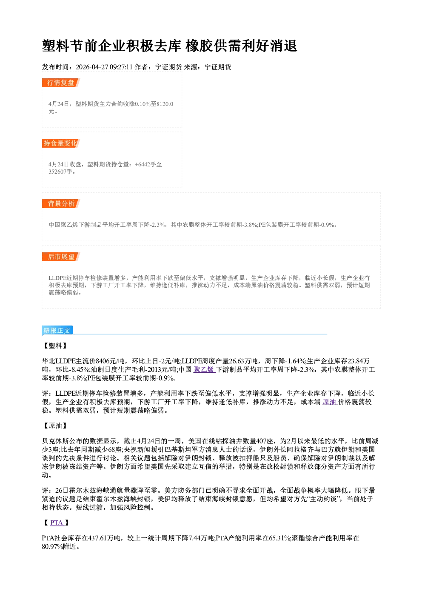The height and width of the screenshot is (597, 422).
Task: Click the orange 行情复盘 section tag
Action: tap(61, 83)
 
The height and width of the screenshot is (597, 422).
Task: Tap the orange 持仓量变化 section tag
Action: tap(61, 143)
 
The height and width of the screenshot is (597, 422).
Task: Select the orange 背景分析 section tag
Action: tap(61, 204)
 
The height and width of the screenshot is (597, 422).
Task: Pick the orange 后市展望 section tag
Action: tap(61, 257)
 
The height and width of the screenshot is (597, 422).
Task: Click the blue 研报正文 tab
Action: tap(57, 331)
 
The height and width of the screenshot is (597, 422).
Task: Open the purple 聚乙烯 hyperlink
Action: tap(204, 369)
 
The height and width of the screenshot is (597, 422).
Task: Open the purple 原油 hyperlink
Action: tap(330, 402)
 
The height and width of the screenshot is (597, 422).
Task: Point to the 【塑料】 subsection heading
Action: tap(55, 346)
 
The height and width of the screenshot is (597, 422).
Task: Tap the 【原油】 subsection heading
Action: tap(55, 426)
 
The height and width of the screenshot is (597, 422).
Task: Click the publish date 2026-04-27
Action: tap(92, 67)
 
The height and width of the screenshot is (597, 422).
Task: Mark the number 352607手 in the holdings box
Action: tap(60, 171)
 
